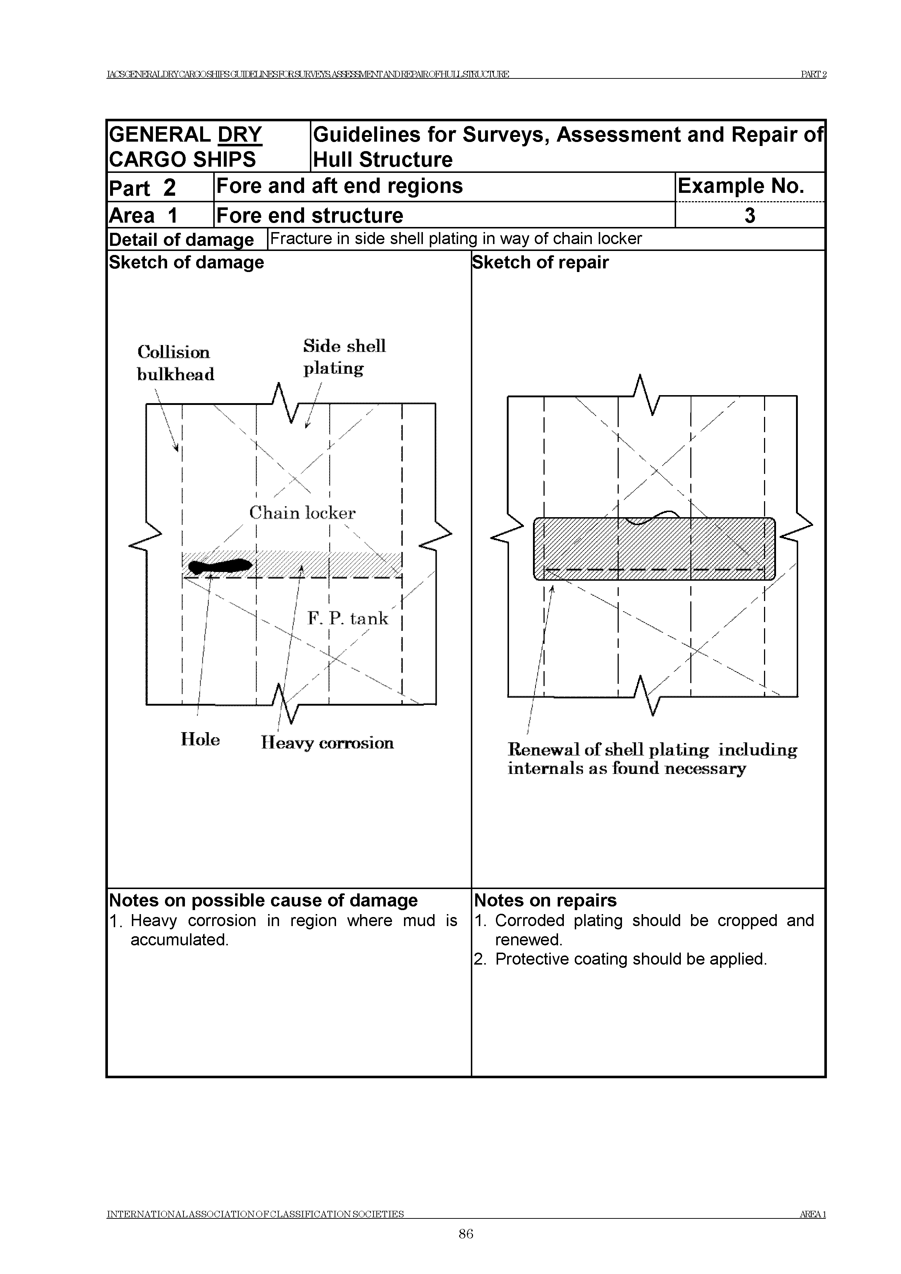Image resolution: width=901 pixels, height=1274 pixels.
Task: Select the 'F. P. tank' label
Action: pos(348,618)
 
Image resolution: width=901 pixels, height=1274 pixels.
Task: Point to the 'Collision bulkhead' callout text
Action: pos(175,363)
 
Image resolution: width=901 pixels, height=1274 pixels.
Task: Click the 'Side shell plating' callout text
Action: pos(344,357)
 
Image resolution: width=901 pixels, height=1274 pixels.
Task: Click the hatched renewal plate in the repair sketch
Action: pos(654,549)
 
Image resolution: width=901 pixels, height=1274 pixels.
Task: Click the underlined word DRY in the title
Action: pos(239,135)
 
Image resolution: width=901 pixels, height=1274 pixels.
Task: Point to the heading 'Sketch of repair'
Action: pos(540,263)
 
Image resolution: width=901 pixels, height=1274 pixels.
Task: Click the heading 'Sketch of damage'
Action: pos(186,263)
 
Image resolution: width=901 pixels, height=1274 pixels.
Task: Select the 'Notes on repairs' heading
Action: pos(545,900)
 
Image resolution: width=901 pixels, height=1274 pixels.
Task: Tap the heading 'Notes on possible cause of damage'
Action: pos(263,900)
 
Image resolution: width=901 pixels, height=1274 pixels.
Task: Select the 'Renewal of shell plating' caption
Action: pos(652,759)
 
